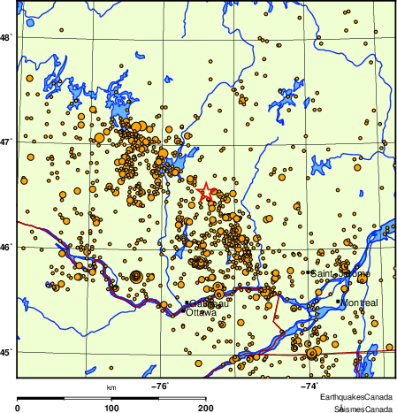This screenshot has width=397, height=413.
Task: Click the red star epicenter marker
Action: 205,191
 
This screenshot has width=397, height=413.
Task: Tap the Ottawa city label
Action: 201,312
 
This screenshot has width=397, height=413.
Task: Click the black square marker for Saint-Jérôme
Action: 311,273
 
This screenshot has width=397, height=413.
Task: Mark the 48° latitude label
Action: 5,37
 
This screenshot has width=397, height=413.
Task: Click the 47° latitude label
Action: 5,141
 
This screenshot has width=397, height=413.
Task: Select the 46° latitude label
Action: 5,247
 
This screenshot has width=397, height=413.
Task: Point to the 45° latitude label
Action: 5,353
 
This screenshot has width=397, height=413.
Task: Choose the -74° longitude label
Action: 309,386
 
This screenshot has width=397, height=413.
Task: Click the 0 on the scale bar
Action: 19,408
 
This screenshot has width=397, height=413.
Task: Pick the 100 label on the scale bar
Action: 111,408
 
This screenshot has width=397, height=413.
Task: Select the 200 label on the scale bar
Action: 205,408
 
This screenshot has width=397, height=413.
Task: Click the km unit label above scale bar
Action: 111,387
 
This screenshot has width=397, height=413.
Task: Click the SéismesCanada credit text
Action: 363,408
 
